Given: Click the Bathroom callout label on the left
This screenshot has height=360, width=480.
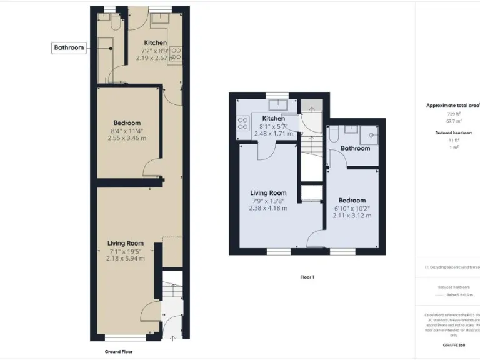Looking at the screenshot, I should coord(69,47).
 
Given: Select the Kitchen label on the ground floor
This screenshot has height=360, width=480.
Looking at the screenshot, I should coord(154,42).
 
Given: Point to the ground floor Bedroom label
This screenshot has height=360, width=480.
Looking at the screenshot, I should coord(127,123).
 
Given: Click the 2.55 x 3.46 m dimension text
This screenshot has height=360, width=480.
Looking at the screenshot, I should coord(127,139).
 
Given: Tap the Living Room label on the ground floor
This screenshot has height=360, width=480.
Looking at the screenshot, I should coord(126,243).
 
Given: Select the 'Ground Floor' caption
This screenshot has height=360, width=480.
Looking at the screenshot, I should coord(119,352).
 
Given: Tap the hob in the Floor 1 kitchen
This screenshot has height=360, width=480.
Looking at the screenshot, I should coord(242,124).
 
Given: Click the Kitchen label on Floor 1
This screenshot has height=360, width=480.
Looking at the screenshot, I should coord(274,118).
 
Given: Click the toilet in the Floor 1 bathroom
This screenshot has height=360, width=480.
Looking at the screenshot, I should coord(334,134).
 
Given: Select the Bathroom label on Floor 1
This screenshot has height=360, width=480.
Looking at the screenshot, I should coord(355,148).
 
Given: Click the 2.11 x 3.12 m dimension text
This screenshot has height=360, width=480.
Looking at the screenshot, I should coord(353,216).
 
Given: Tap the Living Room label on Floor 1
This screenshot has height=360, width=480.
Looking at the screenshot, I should coord(268,193).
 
